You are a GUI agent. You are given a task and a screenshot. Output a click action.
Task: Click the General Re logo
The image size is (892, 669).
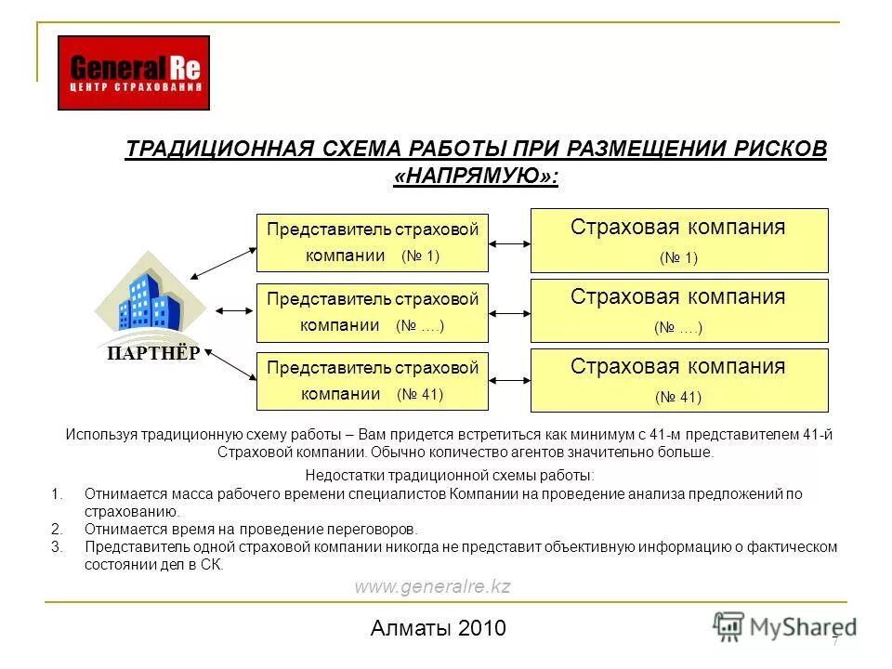click(134, 72)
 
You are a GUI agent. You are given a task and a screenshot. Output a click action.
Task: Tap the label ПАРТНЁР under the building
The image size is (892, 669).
click(153, 353)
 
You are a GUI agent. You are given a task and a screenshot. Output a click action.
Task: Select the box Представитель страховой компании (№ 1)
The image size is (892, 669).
click(373, 243)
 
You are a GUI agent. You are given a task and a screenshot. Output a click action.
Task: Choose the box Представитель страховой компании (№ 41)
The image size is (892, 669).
click(373, 380)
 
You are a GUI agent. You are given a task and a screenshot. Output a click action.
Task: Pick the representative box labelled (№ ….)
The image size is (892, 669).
click(373, 312)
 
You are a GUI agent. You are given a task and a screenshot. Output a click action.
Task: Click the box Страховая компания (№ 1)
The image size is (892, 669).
click(678, 241)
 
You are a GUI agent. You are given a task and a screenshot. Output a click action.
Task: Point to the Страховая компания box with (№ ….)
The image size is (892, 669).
click(678, 310)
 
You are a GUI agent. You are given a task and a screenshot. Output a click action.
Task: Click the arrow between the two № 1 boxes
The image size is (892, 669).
click(509, 243)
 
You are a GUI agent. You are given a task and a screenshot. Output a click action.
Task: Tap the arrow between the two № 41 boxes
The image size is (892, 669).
click(509, 382)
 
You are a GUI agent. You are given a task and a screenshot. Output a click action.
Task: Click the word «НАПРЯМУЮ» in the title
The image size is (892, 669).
click(476, 176)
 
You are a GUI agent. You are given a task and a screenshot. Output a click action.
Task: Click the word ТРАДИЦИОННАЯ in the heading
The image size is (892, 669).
click(216, 150)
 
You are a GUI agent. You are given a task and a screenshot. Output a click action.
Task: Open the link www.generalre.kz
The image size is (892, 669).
click(432, 586)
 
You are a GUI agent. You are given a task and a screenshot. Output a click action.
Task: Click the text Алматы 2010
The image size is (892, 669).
click(438, 628)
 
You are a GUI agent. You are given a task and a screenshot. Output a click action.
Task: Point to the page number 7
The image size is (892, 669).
click(834, 641)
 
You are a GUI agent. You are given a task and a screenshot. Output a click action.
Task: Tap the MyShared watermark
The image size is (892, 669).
click(785, 625)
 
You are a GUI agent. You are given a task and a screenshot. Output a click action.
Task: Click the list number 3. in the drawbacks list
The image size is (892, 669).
click(58, 547)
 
